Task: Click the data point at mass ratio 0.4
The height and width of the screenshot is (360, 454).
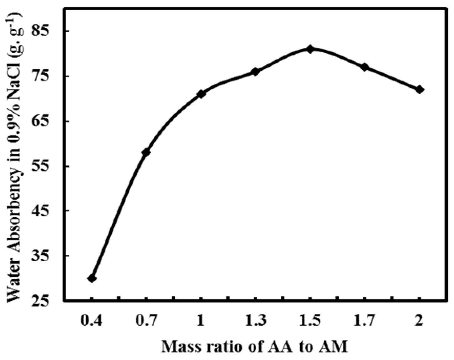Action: click(92, 278)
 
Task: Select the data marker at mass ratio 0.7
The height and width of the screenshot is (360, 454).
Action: click(146, 152)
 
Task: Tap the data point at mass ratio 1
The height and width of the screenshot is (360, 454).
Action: click(201, 94)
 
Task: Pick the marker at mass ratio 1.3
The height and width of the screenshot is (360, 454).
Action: click(255, 72)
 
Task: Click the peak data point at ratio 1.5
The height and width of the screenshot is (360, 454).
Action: click(310, 49)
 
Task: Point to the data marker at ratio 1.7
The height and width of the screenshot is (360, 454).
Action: click(365, 67)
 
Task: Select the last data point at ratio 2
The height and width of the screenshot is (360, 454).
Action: click(419, 90)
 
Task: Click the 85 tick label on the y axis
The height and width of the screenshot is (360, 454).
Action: click(43, 31)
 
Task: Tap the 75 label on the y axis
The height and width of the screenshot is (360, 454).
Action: click(43, 76)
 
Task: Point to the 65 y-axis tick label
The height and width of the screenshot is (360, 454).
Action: click(43, 121)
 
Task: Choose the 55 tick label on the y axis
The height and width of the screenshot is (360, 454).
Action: click(43, 166)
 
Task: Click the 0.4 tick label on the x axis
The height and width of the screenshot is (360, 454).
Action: click(92, 320)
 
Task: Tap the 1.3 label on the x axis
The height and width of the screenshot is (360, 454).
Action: click(255, 320)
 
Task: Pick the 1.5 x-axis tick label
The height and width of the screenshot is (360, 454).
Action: click(310, 320)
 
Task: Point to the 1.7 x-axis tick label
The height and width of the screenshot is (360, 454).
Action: click(365, 320)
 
